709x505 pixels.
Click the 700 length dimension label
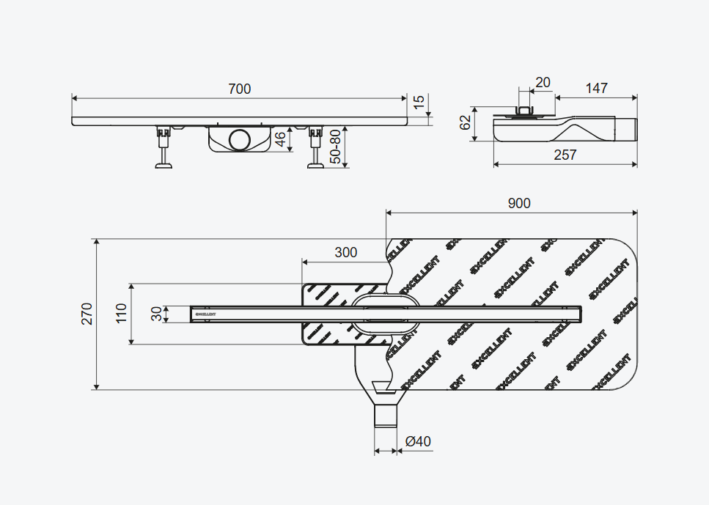[x=239, y=89]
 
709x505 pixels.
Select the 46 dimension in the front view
[x=280, y=138]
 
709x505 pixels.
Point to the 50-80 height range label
[x=336, y=147]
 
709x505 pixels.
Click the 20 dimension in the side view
[x=543, y=82]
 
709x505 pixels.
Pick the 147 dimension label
[x=596, y=88]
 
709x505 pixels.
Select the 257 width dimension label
[x=565, y=155]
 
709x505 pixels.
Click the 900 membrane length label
[x=518, y=203]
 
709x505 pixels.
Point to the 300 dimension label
[x=345, y=252]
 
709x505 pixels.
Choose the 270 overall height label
[x=87, y=314]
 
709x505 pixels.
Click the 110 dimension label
[x=121, y=313]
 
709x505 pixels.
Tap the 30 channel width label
[x=156, y=314]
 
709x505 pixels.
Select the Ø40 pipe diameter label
[x=418, y=441]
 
